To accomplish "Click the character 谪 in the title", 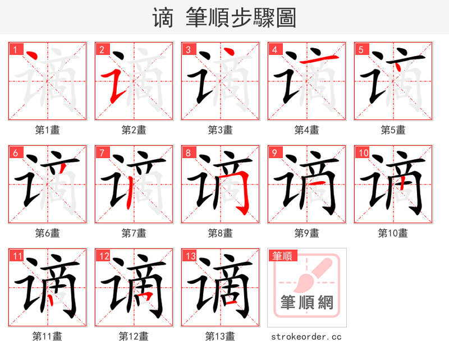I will (162, 18).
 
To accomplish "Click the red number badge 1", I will (15, 49).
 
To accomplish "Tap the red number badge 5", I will (361, 49).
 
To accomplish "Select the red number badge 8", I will (188, 153).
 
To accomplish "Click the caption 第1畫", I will (48, 130).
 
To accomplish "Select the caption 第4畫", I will (307, 130).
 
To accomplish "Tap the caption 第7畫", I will (134, 233).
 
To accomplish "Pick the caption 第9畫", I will (307, 233).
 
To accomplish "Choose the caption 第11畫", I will (48, 336).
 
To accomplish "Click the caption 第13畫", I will (220, 336).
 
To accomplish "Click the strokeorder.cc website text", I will (306, 337).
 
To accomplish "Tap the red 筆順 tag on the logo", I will (282, 256).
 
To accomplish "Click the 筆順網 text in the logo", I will (307, 303).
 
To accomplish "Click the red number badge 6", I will (15, 153).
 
